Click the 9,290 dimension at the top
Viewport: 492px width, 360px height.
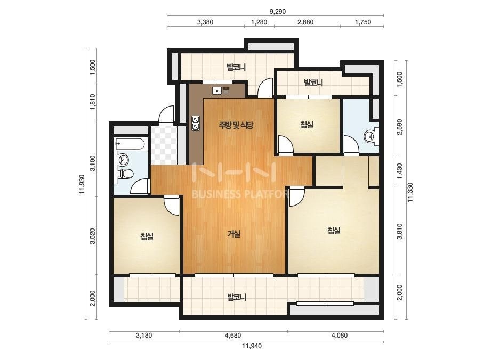coord(278,12)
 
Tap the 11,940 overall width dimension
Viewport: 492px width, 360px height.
coord(252,346)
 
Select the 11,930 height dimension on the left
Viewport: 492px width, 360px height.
coord(82,184)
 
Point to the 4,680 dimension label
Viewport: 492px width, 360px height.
coord(233,335)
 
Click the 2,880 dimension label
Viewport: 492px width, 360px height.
coord(305,22)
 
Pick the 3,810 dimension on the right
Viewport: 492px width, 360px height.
coord(399,231)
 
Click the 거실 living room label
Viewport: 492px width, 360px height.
coord(234,234)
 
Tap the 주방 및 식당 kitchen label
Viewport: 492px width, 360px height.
coord(236,126)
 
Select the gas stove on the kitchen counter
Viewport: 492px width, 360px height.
coord(196,123)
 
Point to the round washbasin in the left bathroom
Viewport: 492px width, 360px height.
coord(123,160)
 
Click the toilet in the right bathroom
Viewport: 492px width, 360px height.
coord(371,136)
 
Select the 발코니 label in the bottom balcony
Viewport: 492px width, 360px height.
coord(237,297)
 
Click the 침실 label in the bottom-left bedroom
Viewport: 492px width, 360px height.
coord(147,236)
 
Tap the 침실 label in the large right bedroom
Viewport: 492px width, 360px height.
coord(334,231)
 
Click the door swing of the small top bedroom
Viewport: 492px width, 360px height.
coord(286,144)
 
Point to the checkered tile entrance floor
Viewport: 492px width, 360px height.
coord(164,145)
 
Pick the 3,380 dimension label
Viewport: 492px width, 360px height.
coord(205,22)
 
